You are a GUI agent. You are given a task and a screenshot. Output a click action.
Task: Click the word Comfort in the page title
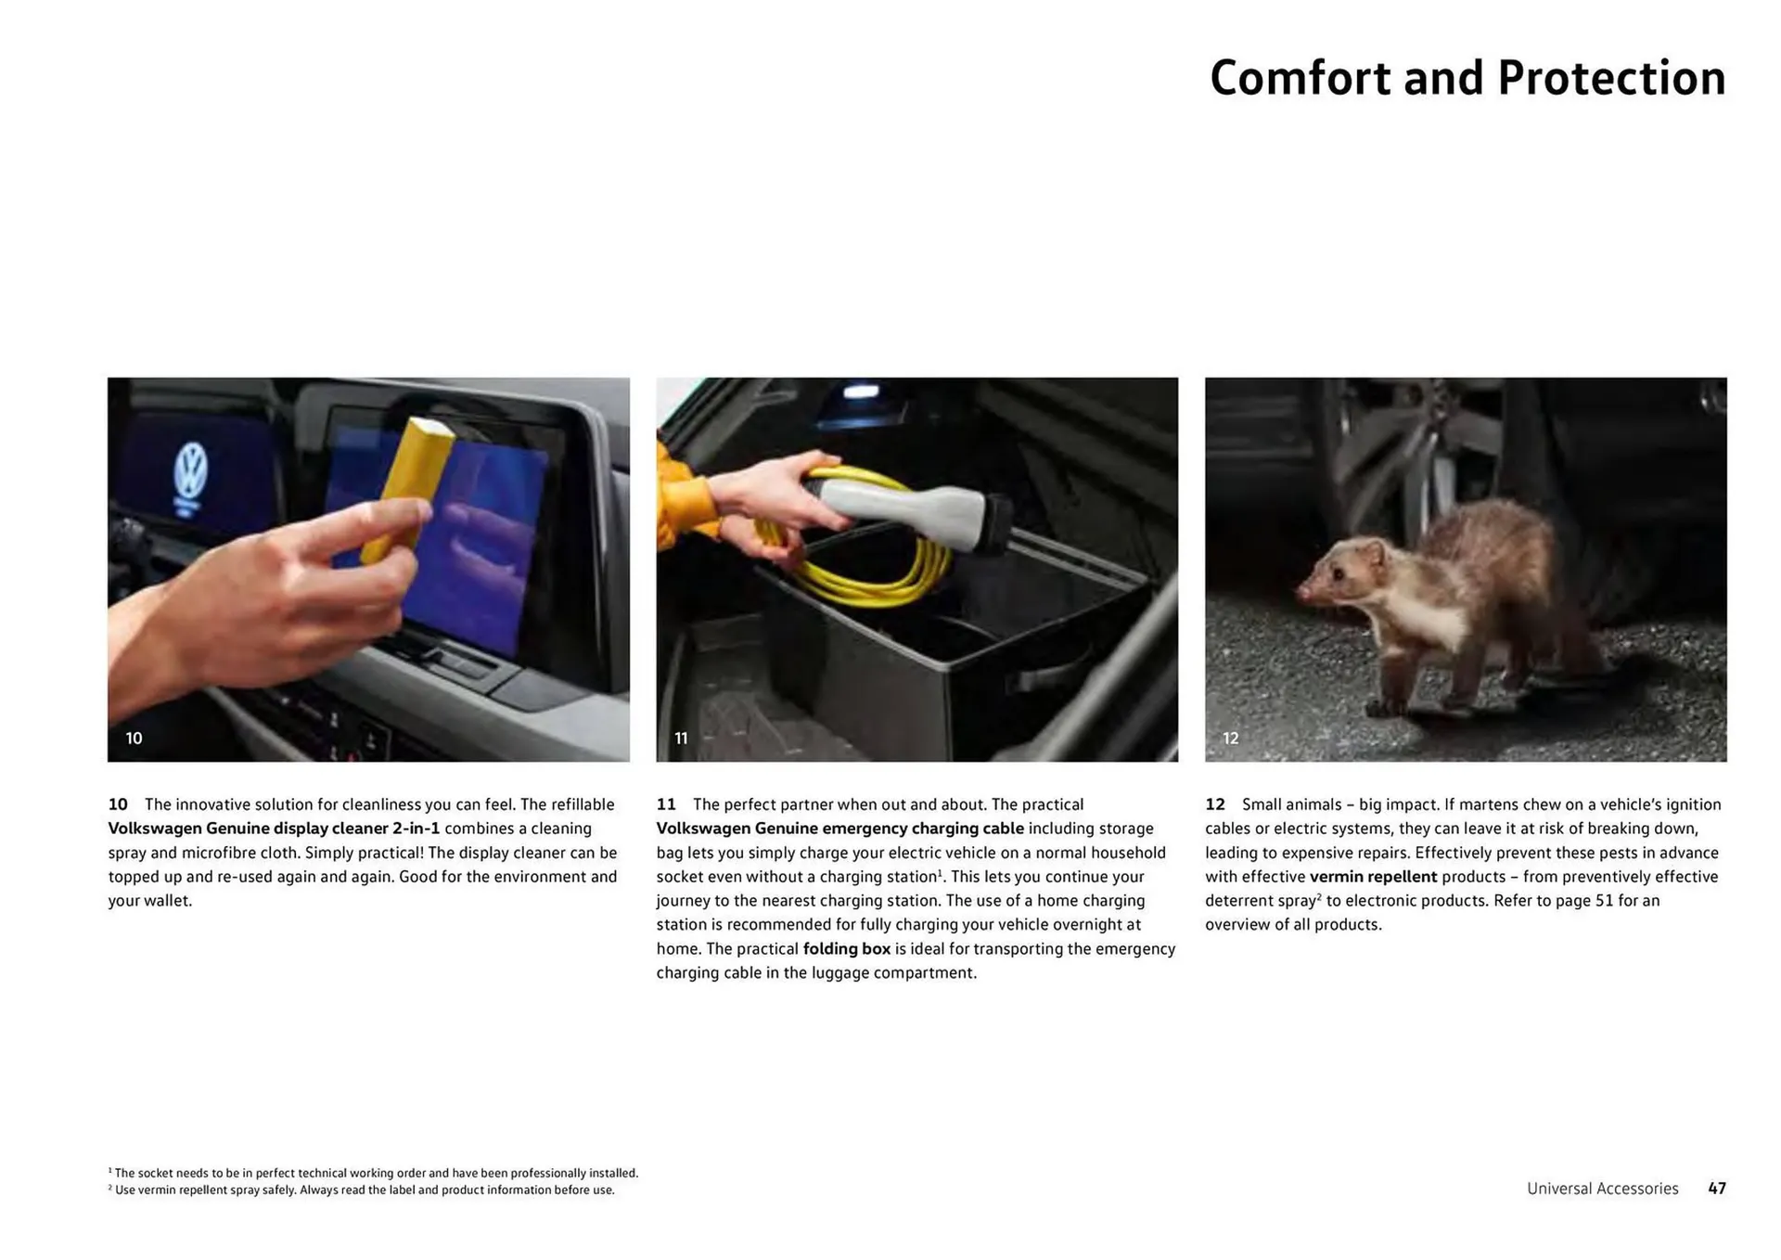1301,78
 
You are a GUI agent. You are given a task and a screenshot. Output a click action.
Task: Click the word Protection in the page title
1611,78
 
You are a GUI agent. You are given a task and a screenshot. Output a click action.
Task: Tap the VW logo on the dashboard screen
191,470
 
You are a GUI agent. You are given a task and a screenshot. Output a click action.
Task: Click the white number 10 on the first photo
134,739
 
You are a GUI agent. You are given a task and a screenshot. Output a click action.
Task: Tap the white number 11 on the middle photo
681,739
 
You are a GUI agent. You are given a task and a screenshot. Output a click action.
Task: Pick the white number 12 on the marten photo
1230,739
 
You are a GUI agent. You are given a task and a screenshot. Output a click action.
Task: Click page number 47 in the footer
1717,1189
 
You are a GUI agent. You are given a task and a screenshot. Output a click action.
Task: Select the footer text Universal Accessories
1602,1189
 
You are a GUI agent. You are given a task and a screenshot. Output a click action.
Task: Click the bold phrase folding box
846,949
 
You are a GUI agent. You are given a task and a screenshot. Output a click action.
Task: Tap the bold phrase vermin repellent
1373,877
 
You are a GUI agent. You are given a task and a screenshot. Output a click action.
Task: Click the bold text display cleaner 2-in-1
356,829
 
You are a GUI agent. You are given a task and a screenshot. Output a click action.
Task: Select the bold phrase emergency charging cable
923,829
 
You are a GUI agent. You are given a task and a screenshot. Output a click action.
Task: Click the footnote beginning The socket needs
373,1173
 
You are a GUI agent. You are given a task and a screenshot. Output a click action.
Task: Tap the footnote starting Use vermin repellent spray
361,1190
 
